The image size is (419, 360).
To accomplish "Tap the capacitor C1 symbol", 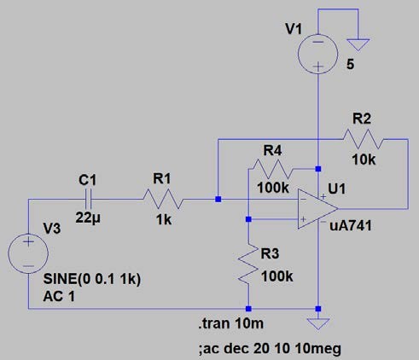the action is [x=89, y=199].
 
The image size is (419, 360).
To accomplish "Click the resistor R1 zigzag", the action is [x=162, y=199].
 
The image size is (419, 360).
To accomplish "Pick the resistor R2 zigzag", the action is [x=363, y=139].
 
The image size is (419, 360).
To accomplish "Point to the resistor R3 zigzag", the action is [x=248, y=264].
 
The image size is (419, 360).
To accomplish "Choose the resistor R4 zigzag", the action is [x=272, y=169].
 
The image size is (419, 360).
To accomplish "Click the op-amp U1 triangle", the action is [x=317, y=209].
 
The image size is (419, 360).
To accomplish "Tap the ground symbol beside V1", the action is [x=358, y=45].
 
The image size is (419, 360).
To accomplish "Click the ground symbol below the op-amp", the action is [x=318, y=324].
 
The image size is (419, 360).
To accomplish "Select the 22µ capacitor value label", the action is [x=88, y=218].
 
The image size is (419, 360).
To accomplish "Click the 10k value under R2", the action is [x=364, y=160].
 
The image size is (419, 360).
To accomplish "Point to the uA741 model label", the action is [x=351, y=226].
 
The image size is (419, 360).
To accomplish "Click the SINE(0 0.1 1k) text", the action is [x=92, y=279].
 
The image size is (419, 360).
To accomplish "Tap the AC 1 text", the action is [x=59, y=297].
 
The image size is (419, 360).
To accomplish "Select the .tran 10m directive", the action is [x=231, y=323].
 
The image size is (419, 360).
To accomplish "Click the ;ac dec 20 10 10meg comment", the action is [x=270, y=349].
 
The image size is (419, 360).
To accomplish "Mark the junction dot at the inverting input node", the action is [x=218, y=199].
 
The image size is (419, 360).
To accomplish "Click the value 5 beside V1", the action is [x=351, y=65].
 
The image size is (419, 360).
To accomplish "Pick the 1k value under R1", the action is [x=164, y=220].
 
